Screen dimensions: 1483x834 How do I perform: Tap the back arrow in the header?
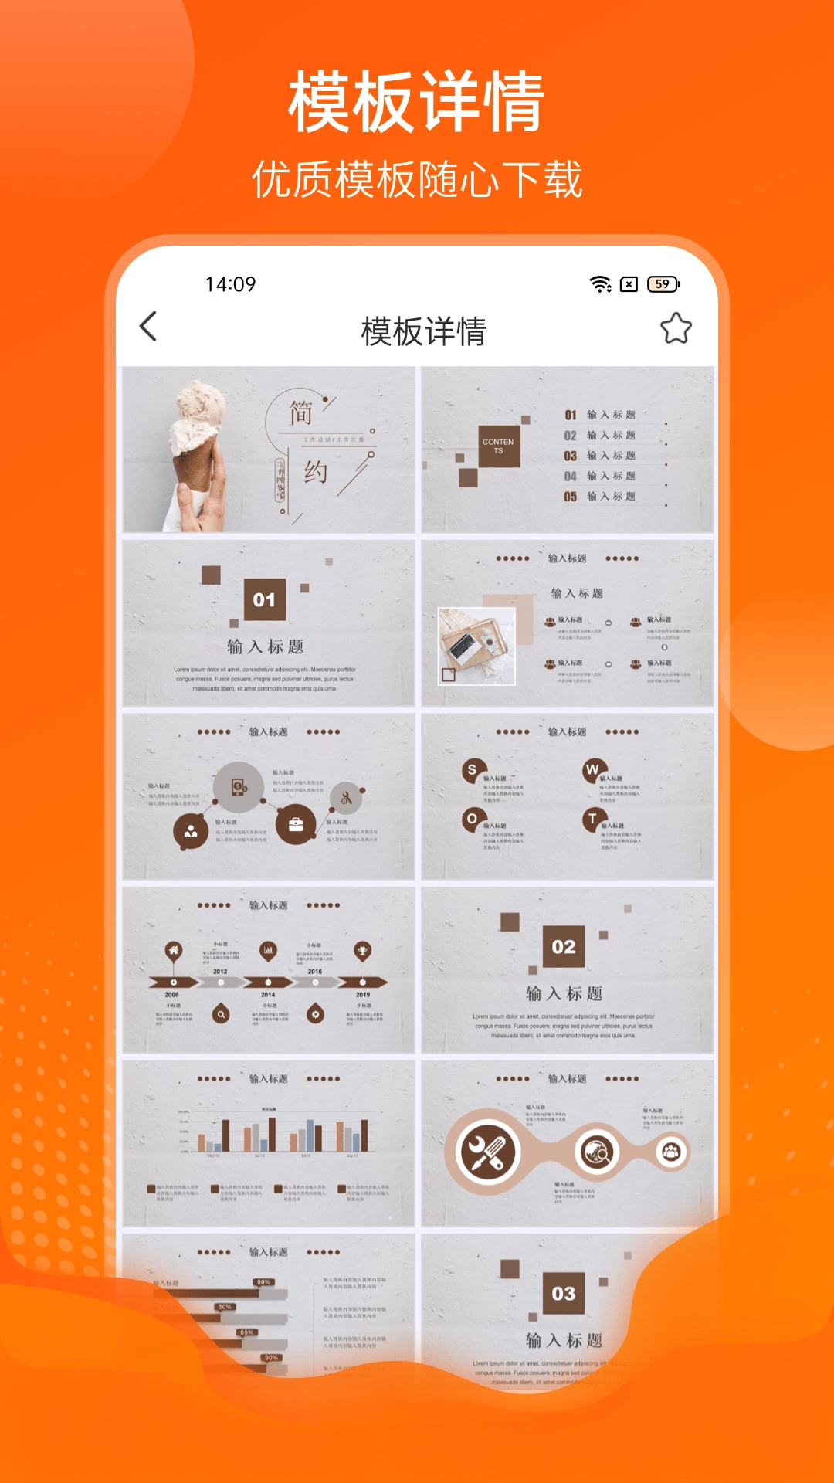click(x=148, y=327)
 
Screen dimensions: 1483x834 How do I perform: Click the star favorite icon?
click(x=676, y=328)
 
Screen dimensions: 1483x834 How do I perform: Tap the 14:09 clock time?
click(x=230, y=284)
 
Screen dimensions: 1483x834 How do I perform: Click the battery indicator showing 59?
click(x=663, y=284)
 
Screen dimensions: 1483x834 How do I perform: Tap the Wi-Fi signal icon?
click(x=600, y=284)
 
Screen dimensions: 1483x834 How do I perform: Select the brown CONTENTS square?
click(x=498, y=446)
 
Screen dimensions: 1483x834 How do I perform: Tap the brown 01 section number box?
click(x=264, y=599)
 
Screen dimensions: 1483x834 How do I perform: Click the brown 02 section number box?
click(x=564, y=946)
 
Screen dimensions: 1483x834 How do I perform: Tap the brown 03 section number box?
click(x=564, y=1293)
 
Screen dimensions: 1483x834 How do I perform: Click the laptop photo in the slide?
click(x=476, y=646)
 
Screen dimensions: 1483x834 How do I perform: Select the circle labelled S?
click(x=473, y=770)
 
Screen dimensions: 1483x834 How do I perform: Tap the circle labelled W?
click(x=592, y=769)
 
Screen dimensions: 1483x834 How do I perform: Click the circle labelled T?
click(x=592, y=819)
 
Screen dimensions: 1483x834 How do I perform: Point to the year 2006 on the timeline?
click(x=171, y=995)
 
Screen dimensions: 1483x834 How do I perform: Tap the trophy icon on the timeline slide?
click(x=362, y=950)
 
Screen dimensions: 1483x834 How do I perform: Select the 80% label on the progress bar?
click(x=263, y=1282)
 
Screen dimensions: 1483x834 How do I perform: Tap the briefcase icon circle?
click(x=296, y=824)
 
